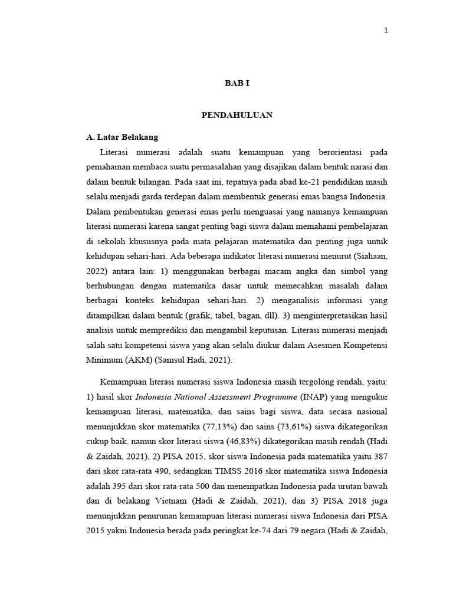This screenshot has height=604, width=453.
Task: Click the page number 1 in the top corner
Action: (x=386, y=31)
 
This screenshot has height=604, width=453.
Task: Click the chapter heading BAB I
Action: (x=237, y=84)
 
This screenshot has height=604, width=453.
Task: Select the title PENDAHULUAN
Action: (x=237, y=115)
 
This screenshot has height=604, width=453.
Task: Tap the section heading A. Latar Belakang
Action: (x=122, y=137)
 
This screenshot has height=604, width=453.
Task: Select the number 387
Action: (x=379, y=457)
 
